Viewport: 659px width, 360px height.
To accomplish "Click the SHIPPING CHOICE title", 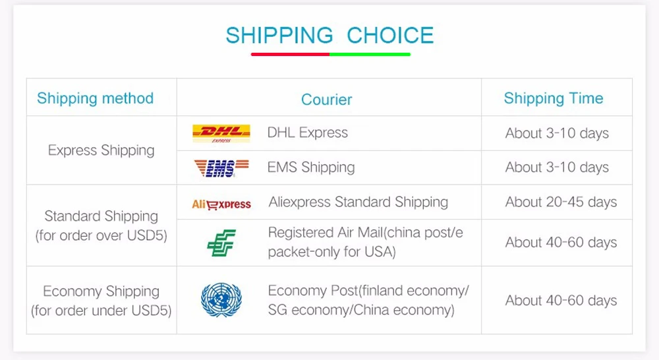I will coord(329,35).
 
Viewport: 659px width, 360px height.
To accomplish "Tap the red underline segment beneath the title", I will coord(290,54).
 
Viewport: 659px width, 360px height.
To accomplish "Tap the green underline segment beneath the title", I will coord(370,54).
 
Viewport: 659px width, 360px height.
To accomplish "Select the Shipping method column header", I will coord(95,98).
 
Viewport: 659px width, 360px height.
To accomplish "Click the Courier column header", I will coord(326,100).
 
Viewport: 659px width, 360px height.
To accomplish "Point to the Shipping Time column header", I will coord(554,98).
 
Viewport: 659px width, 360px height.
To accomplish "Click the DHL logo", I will coord(221,133).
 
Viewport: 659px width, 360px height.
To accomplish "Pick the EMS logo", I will coord(221,168).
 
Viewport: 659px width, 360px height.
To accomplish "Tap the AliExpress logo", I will coord(221,204).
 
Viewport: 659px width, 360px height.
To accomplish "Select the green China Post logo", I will coord(221,243).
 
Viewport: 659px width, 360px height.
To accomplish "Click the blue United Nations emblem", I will coord(221,300).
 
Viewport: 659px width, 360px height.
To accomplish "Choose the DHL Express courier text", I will coord(307,133).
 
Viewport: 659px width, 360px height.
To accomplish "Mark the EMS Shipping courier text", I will coord(310,167).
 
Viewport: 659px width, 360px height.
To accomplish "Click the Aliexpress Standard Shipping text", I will coord(358,202).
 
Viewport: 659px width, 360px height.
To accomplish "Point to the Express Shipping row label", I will coord(101,150).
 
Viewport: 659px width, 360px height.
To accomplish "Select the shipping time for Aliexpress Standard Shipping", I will coord(561,202).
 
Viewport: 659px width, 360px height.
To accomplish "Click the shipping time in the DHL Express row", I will coord(557,133).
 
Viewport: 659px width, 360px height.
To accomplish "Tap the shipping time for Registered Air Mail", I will coord(561,243).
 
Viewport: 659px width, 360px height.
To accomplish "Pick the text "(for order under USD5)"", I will coord(101,309).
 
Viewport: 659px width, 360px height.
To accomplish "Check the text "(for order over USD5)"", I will coord(101,235).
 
